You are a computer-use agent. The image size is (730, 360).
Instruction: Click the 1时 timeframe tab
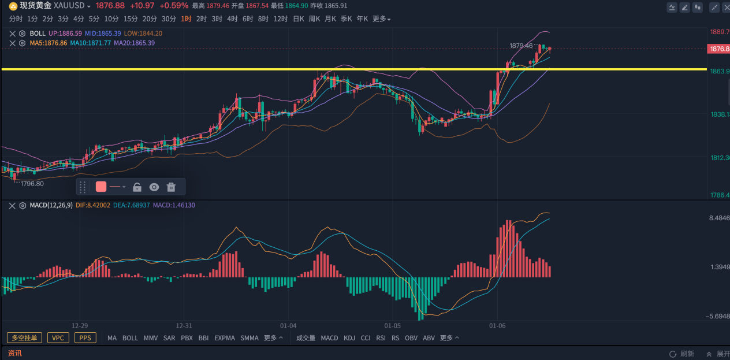[186, 18]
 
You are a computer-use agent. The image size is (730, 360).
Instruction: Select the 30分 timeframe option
[169, 18]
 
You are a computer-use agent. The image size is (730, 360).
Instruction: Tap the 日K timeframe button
[299, 18]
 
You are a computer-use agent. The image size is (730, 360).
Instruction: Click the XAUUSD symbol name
[69, 5]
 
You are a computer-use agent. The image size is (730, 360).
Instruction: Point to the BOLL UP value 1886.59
[65, 34]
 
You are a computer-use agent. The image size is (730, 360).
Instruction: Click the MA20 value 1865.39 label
[134, 43]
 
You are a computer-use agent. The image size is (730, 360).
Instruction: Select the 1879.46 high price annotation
[520, 45]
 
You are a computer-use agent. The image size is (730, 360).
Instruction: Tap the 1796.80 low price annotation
[32, 183]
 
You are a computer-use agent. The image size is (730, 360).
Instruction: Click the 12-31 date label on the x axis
[184, 326]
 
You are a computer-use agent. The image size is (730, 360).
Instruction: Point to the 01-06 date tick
[497, 326]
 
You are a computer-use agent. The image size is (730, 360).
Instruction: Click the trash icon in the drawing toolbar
[171, 187]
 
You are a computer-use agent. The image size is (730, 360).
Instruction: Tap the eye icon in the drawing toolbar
[154, 187]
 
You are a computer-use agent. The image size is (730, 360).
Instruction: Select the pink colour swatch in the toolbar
[101, 187]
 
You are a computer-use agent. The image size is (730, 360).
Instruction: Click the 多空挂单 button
[25, 338]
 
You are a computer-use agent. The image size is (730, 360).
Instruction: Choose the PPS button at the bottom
[85, 338]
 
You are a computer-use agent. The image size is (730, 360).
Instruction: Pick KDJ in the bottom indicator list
[349, 338]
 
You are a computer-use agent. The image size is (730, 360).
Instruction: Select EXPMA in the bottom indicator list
[225, 338]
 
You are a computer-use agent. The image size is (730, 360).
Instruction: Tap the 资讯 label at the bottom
[14, 353]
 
